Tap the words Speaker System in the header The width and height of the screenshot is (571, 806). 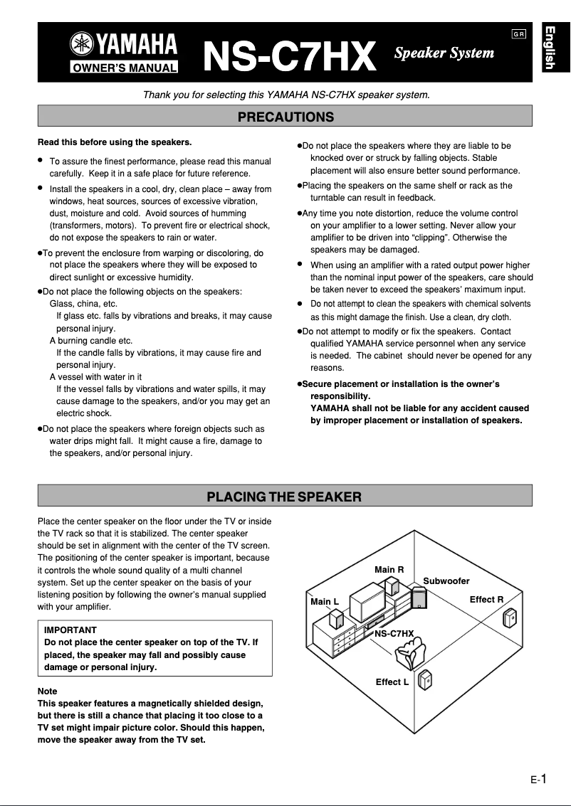pos(444,53)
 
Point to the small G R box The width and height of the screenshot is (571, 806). pos(518,35)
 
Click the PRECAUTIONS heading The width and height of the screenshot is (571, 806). pos(285,117)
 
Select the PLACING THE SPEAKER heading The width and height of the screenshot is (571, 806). pos(285,497)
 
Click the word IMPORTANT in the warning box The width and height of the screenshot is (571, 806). pos(70,630)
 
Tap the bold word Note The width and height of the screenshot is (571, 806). pos(47,691)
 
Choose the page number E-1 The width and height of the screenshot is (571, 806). pos(538,780)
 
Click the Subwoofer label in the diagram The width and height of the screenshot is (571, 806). pos(446,581)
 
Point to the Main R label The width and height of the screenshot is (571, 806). pos(389,570)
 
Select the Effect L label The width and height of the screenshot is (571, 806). pos(392,682)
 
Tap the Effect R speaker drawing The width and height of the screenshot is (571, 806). pos(509,617)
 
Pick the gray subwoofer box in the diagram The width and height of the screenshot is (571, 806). pos(421,601)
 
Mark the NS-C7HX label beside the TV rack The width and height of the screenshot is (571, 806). pos(394,633)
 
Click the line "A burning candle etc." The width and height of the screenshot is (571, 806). pos(91,341)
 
